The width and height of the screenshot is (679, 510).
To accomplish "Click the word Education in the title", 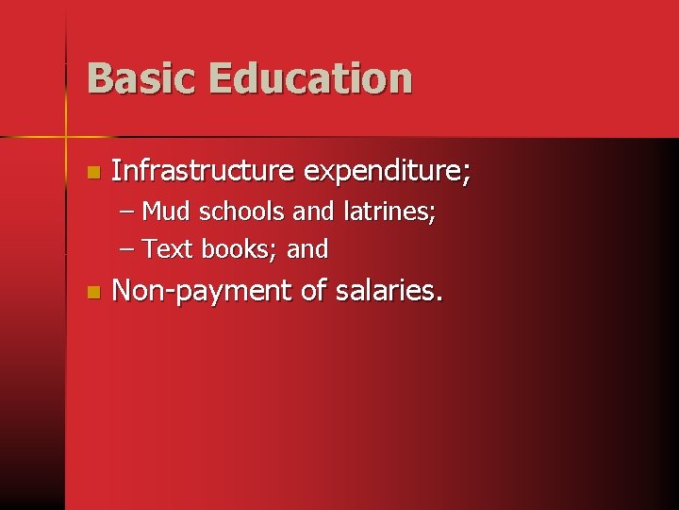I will click(310, 78).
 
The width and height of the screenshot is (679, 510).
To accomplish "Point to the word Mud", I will click(165, 212).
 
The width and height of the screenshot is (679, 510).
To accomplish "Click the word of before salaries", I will click(312, 291).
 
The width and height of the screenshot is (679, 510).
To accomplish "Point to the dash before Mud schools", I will click(128, 212).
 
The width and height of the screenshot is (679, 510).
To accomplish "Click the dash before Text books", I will click(128, 250).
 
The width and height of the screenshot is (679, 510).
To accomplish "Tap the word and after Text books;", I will click(307, 250).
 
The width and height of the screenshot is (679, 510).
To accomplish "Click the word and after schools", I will click(313, 212).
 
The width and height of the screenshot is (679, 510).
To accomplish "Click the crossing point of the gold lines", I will click(66, 138).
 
